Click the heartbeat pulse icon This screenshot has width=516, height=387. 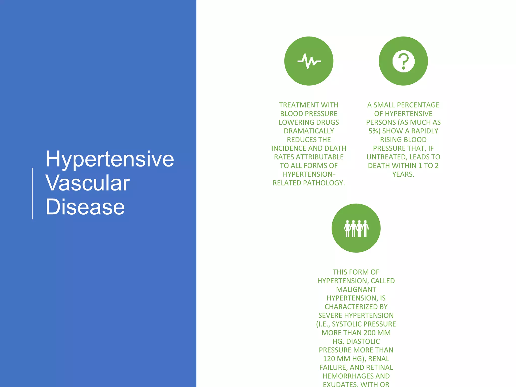click(x=309, y=61)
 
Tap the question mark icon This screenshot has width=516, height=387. click(x=403, y=61)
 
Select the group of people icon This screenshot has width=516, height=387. click(x=356, y=228)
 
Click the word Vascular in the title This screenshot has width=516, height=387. click(x=88, y=183)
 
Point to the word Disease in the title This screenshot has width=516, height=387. click(x=85, y=207)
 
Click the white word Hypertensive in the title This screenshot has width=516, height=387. click(x=110, y=159)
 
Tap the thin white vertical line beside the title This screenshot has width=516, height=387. click(x=32, y=193)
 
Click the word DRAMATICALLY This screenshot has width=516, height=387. click(x=309, y=131)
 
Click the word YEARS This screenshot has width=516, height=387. click(x=403, y=174)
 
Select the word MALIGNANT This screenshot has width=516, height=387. click(x=356, y=289)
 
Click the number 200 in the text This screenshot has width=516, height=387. click(x=370, y=333)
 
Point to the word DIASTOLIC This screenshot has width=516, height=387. click(x=363, y=341)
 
